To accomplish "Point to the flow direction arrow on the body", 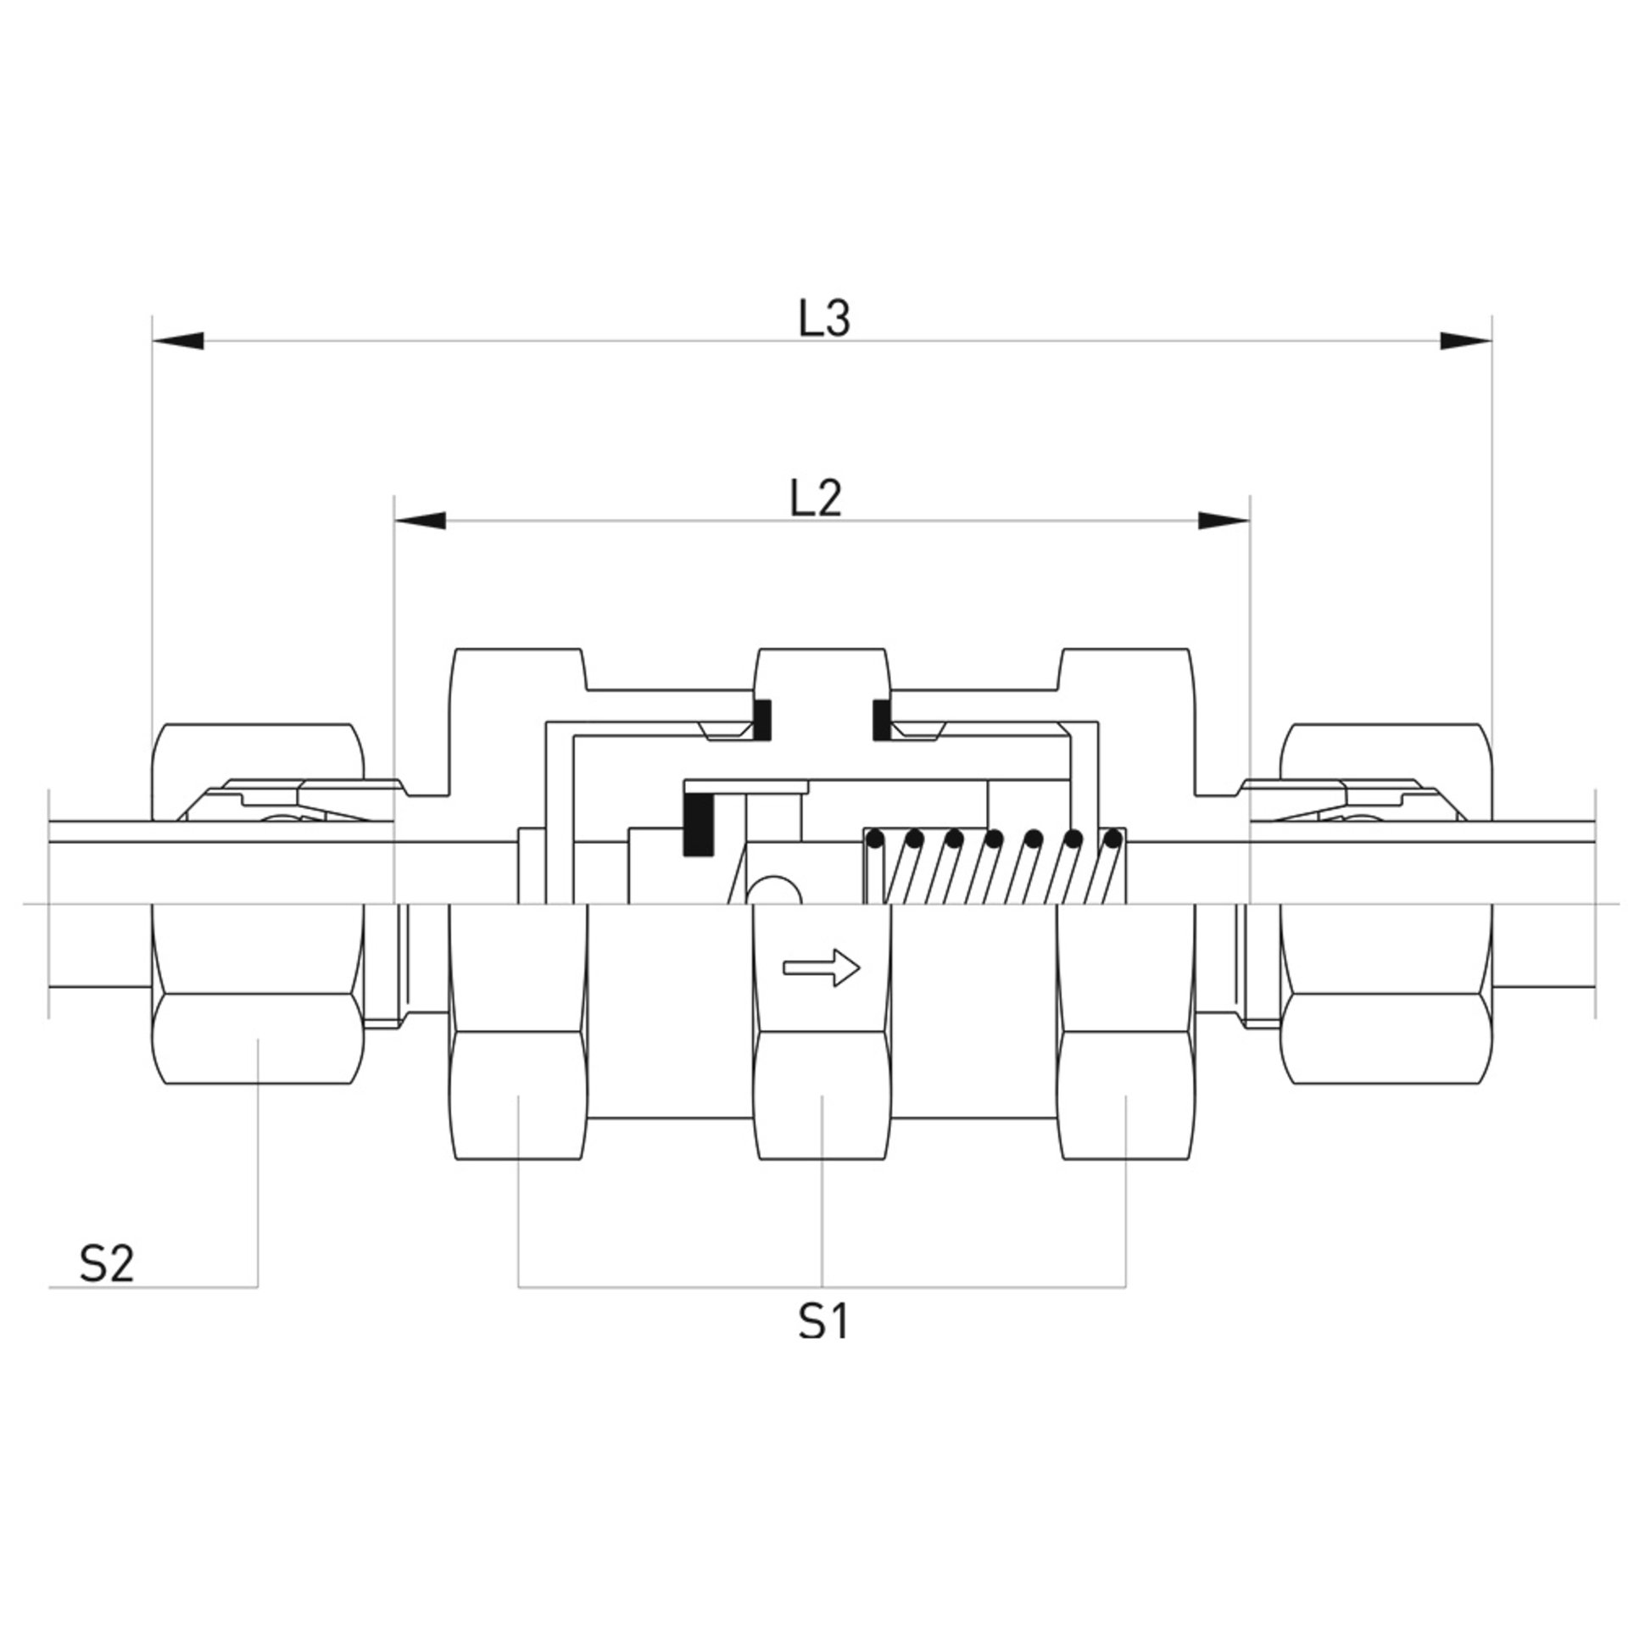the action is pyautogui.click(x=822, y=967).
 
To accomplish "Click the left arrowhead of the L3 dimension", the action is pyautogui.click(x=178, y=340).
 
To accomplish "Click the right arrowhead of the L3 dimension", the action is pyautogui.click(x=1466, y=340).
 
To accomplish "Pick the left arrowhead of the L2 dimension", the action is pyautogui.click(x=420, y=520).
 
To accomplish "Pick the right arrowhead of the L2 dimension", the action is pyautogui.click(x=1224, y=520).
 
